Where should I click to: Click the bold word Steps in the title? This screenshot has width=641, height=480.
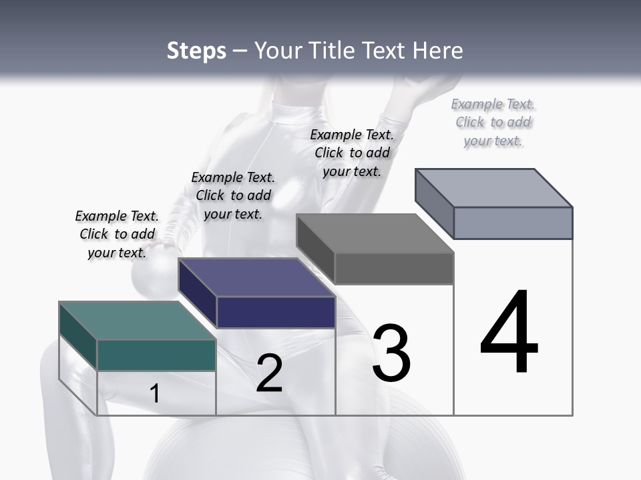pos(196,51)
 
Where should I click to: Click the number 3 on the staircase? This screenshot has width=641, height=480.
pos(391,353)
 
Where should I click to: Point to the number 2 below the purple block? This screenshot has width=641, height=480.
pos(269,373)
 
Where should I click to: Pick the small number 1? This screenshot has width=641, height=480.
pos(154,393)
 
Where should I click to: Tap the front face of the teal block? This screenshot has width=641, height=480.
pos(156,355)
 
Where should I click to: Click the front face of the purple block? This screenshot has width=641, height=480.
pos(276,312)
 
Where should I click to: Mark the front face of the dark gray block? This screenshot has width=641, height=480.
pos(394,268)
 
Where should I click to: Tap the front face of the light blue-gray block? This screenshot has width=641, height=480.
pos(513,223)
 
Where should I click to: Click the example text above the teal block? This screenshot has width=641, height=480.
pos(117,234)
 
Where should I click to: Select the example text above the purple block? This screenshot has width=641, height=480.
pos(233,195)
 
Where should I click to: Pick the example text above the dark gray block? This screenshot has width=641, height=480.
pos(352,153)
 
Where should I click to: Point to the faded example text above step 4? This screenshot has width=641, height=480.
pos(493,122)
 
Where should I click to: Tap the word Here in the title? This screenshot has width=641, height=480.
pos(438,51)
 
